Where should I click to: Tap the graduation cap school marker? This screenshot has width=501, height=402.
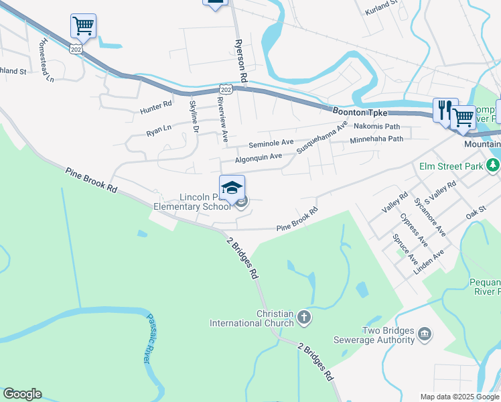pyautogui.click(x=232, y=188)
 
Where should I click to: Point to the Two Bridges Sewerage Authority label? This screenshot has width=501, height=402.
pyautogui.click(x=388, y=335)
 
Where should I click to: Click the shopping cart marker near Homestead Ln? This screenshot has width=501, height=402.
pyautogui.click(x=83, y=26)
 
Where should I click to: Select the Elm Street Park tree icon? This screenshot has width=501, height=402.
pyautogui.click(x=494, y=165)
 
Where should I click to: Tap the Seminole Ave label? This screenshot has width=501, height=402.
pyautogui.click(x=271, y=143)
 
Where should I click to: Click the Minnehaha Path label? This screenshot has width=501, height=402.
pyautogui.click(x=376, y=139)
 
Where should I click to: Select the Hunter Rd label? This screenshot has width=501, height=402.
pyautogui.click(x=156, y=105)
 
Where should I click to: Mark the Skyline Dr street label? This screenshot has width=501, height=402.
pyautogui.click(x=194, y=115)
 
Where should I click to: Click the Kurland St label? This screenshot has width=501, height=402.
pyautogui.click(x=382, y=7)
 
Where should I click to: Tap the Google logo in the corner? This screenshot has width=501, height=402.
pyautogui.click(x=22, y=394)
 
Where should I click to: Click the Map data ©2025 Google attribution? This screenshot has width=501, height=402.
pyautogui.click(x=459, y=397)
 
